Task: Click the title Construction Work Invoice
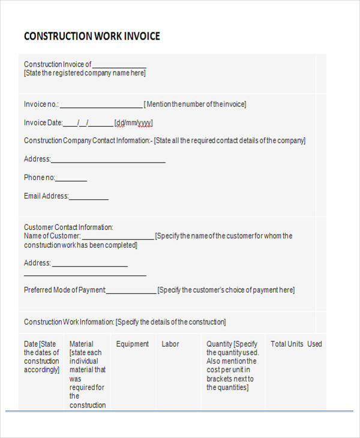(x=92, y=36)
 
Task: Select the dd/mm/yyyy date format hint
(x=134, y=123)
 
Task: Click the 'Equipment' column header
(x=132, y=344)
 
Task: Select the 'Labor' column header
(x=170, y=344)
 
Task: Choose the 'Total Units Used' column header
(x=296, y=344)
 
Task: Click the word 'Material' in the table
(x=82, y=344)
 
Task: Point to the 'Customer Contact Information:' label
(x=68, y=227)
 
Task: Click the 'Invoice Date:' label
(x=43, y=123)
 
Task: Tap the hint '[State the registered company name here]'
(x=85, y=73)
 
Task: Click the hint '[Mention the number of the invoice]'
(x=195, y=104)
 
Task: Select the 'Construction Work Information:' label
(x=69, y=322)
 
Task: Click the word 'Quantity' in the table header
(x=219, y=344)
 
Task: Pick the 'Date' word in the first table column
(x=31, y=344)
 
